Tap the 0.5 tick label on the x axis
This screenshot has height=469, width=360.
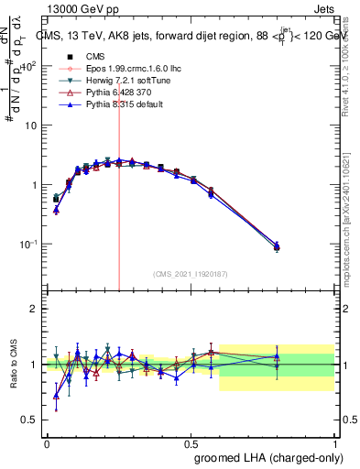[191, 442]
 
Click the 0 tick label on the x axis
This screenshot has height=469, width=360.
[47, 442]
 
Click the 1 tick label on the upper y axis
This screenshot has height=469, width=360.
[34, 185]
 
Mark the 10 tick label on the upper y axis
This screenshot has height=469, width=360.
[31, 125]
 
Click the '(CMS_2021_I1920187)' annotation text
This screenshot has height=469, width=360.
[191, 273]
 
